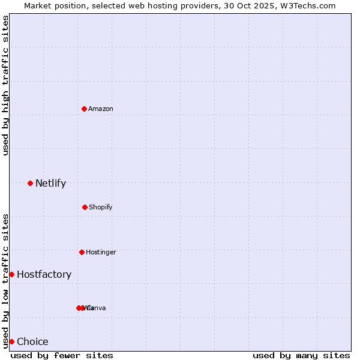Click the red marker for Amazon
[x=84, y=109]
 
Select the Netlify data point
[x=30, y=183]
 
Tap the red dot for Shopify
[x=85, y=207]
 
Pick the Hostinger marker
[x=82, y=252]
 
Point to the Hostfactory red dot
[x=11, y=274]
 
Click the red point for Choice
[x=11, y=341]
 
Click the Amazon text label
[x=101, y=109]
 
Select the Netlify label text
[x=50, y=183]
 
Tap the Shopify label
[x=101, y=207]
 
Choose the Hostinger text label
[x=101, y=252]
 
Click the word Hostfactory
[x=44, y=274]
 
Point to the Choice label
[x=32, y=341]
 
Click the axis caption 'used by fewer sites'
[x=62, y=355]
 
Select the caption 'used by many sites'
[x=301, y=355]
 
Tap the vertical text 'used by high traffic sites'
[x=5, y=85]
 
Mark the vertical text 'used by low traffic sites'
[x=5, y=280]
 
